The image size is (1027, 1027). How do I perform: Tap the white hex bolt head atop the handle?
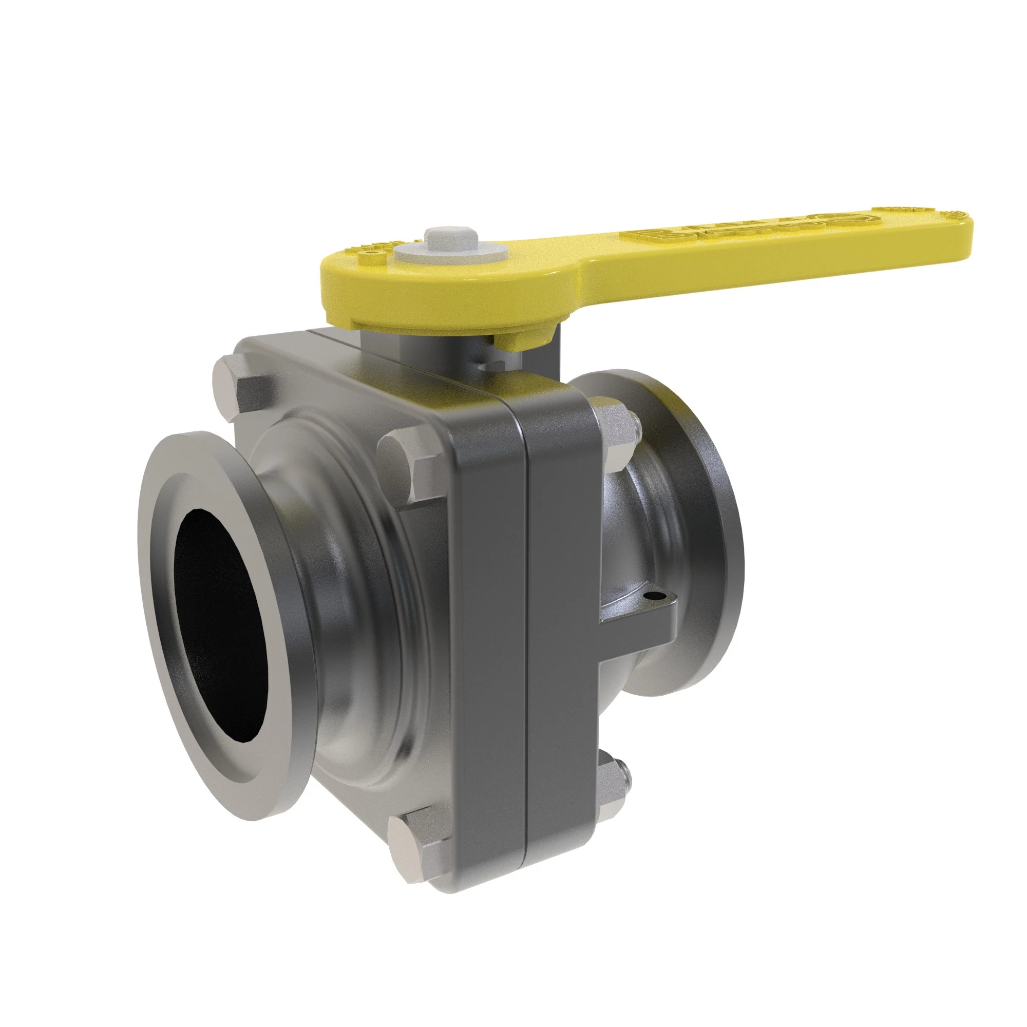tap(451, 238)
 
